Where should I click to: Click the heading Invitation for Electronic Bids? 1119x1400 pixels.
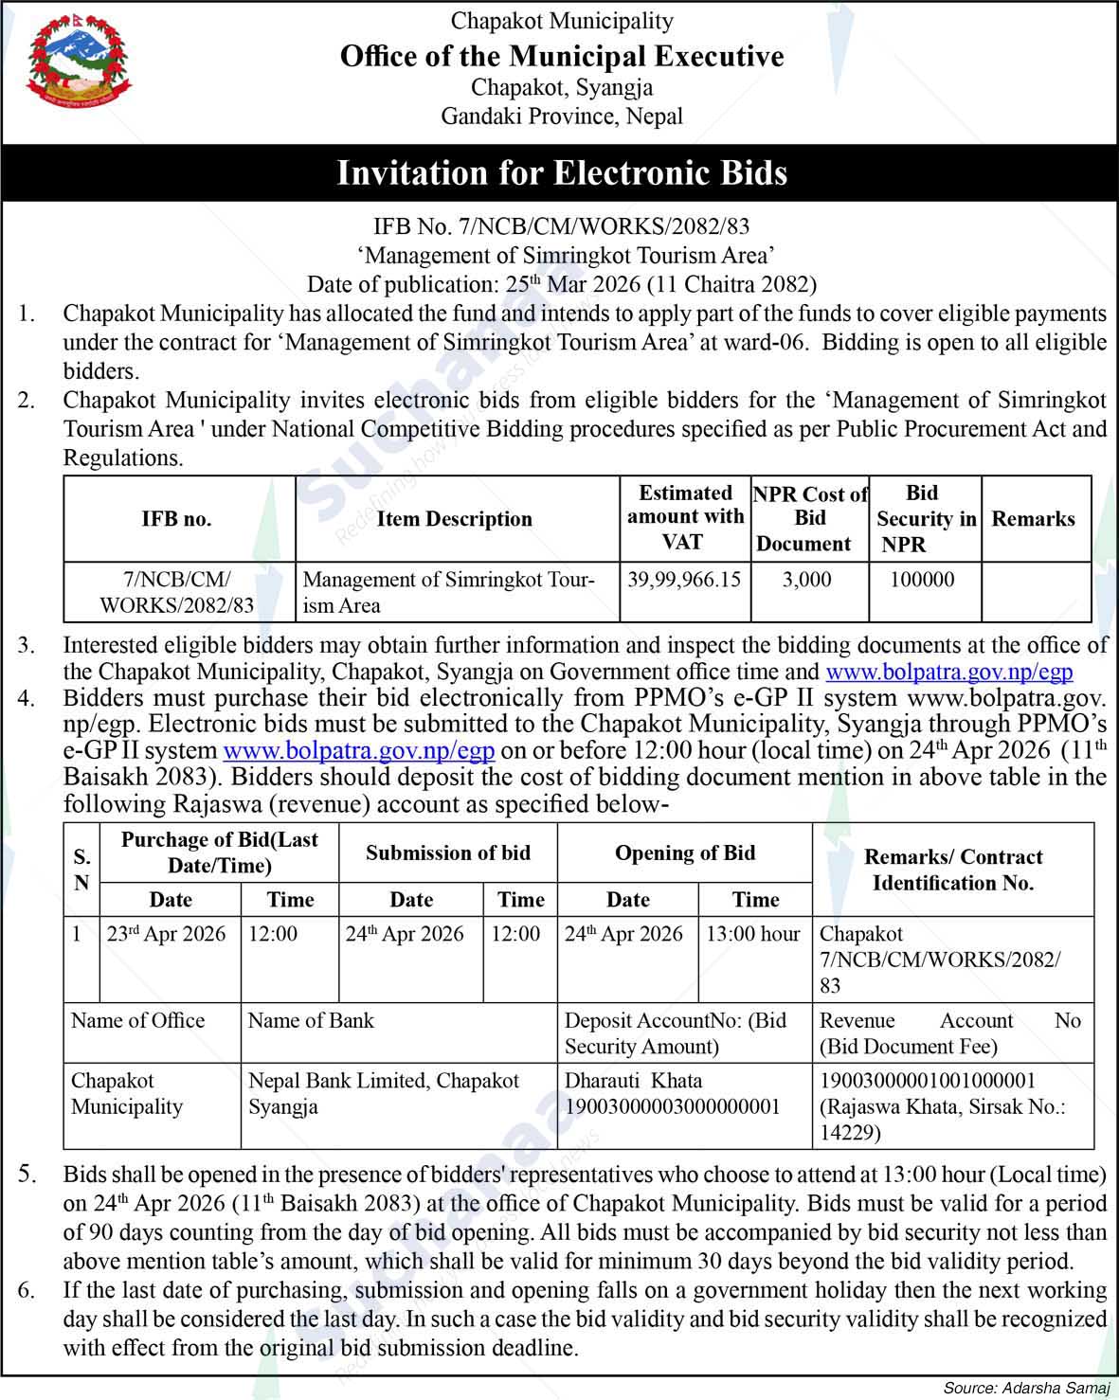(x=562, y=172)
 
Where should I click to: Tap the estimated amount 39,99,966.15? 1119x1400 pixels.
(x=684, y=579)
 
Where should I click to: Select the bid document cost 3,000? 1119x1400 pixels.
(x=807, y=579)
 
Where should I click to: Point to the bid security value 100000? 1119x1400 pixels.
(x=922, y=579)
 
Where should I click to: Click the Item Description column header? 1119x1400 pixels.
(x=454, y=519)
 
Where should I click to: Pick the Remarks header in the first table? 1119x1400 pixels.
(x=1033, y=519)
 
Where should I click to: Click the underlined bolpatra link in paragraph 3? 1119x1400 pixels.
(x=949, y=673)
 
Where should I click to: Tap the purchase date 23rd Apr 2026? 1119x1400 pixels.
(x=167, y=934)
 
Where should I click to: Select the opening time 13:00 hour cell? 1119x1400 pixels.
(x=753, y=934)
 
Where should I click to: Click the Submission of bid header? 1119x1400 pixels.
(x=447, y=853)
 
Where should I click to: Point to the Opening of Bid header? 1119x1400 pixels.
(x=684, y=853)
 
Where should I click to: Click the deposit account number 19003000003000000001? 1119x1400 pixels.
(x=672, y=1106)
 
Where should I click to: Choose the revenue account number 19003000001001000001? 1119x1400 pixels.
(x=927, y=1081)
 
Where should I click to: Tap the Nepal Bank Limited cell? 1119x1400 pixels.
(x=384, y=1081)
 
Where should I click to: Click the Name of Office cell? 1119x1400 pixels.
(x=138, y=1020)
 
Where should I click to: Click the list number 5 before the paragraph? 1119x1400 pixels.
(x=27, y=1175)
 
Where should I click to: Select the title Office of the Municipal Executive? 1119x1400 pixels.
(x=562, y=57)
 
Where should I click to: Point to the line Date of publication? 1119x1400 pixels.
(x=562, y=283)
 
